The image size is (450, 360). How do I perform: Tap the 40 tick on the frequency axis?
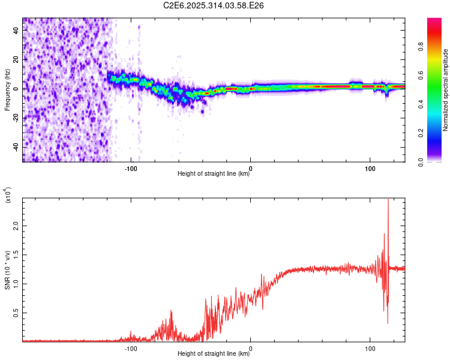tap(17, 31)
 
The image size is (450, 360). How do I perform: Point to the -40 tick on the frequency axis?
tap(17, 147)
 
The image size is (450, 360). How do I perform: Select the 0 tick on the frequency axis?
tap(17, 89)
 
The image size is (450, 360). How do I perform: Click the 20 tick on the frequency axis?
tap(17, 60)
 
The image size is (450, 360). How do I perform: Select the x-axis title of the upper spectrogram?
tap(214, 174)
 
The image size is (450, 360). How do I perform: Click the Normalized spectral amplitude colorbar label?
tap(446, 90)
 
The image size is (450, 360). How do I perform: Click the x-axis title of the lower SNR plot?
tap(214, 354)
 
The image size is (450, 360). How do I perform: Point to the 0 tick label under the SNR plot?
tap(251, 347)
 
